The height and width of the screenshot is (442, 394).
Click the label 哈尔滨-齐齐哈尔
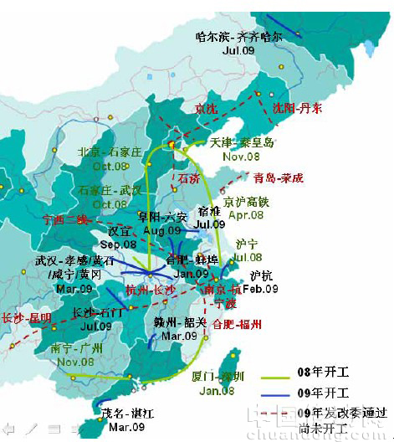[x=238, y=37]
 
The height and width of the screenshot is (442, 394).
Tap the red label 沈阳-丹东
[x=296, y=108]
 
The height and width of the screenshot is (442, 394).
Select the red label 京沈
[x=206, y=108]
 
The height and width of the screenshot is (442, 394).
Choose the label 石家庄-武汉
[x=110, y=191]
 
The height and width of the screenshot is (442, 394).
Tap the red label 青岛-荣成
[x=280, y=177]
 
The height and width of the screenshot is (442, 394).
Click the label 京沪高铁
[x=246, y=202]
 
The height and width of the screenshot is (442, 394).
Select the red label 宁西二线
[x=64, y=219]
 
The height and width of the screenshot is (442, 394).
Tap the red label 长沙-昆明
[x=26, y=318]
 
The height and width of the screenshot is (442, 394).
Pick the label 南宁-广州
[x=78, y=347]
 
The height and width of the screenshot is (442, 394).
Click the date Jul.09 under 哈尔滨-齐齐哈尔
[x=238, y=50]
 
